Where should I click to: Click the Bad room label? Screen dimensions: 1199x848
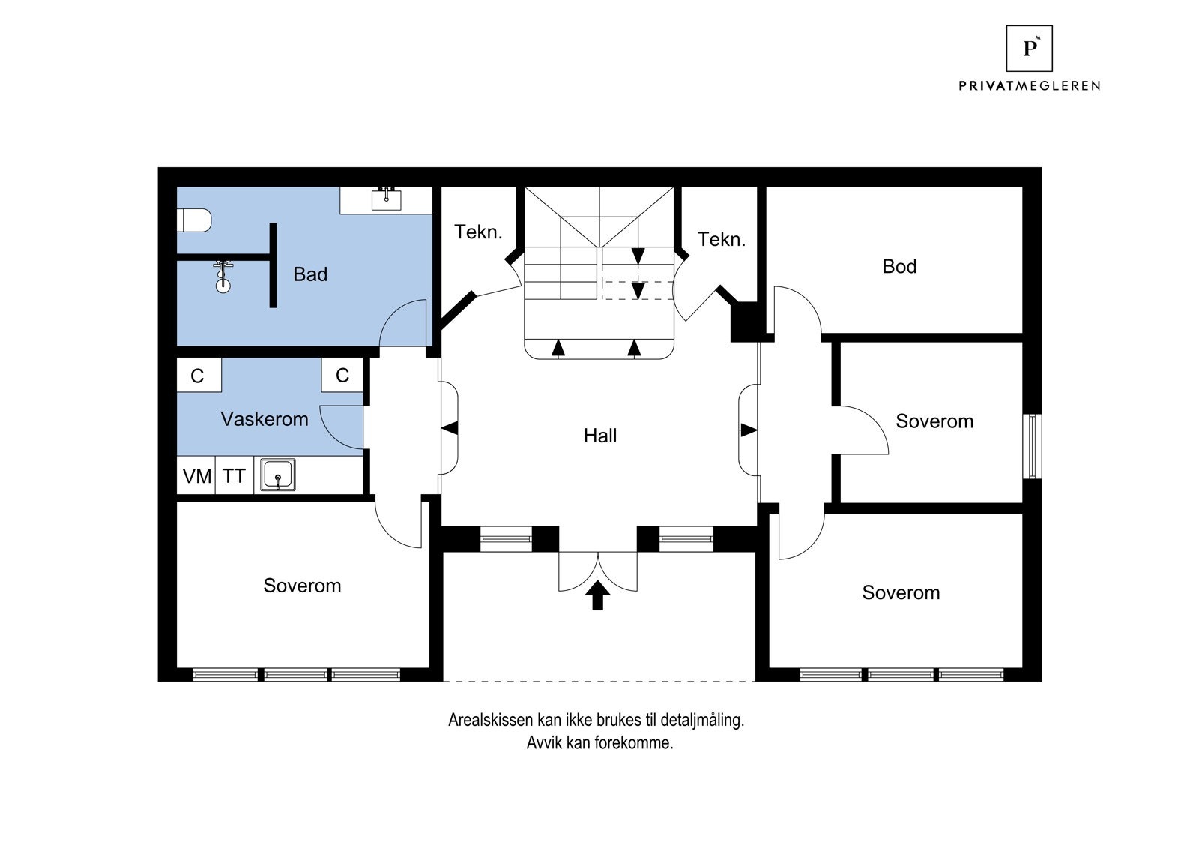coord(310,274)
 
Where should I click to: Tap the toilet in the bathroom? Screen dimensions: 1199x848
coord(194,220)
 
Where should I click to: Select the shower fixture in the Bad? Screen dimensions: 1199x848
coord(223,277)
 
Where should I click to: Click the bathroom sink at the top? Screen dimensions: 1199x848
coord(386,199)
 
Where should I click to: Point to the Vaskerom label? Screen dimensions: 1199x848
coord(265,419)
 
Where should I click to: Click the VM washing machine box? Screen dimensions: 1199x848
coord(196,475)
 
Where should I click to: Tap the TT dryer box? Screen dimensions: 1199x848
coord(234,475)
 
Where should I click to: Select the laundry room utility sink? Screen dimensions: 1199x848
coord(278,475)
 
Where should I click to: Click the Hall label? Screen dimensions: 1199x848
coord(600,436)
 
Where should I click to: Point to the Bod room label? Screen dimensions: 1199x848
coord(899,266)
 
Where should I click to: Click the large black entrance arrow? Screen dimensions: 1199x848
coord(597,595)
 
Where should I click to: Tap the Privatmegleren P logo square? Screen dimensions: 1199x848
coord(1030,48)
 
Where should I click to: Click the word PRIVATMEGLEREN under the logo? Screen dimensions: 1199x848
coord(1030,85)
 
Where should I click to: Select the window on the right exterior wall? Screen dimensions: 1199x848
coord(1033,445)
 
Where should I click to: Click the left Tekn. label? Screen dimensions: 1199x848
coord(478,232)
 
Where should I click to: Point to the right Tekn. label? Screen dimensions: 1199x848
coord(722,239)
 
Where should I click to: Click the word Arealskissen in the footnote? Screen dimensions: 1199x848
coord(491,720)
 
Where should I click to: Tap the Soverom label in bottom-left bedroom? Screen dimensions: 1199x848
coord(302,586)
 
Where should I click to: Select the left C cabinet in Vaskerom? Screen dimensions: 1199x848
coord(199,375)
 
